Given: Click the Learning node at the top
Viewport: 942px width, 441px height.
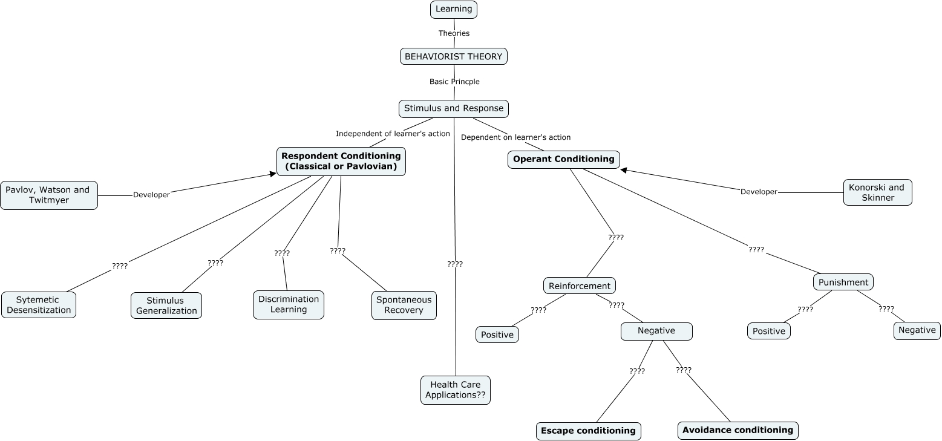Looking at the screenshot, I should click(454, 9).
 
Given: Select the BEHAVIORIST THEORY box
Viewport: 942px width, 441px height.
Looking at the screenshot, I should click(454, 56).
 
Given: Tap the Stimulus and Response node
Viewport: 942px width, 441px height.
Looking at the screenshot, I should click(454, 109).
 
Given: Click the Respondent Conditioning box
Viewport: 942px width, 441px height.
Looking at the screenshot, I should click(341, 162).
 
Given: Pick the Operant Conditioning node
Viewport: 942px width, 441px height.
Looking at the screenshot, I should click(564, 160).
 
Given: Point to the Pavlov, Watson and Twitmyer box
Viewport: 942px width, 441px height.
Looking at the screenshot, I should click(48, 195).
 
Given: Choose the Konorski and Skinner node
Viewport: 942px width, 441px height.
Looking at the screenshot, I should click(877, 192).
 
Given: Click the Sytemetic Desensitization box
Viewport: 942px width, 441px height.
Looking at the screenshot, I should click(39, 305).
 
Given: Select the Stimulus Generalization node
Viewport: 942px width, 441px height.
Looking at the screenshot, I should click(166, 305).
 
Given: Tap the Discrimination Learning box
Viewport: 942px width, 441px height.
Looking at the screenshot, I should click(289, 304).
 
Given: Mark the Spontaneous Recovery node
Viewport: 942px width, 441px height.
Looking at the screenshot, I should click(404, 305).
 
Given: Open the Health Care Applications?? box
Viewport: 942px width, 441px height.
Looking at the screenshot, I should click(456, 390).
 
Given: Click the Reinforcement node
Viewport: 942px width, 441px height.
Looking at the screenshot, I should click(580, 286).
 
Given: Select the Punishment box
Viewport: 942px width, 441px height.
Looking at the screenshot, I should click(843, 282).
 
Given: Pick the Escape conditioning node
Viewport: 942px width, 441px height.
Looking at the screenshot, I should click(588, 431).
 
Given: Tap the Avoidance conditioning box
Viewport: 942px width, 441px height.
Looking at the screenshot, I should click(738, 430).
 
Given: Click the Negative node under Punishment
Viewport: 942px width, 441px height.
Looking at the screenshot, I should click(917, 330).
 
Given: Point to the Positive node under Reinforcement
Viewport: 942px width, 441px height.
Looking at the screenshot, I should click(497, 335).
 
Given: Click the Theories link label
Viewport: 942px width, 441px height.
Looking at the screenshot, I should click(454, 33).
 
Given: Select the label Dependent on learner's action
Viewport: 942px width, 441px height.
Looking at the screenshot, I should click(515, 137).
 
